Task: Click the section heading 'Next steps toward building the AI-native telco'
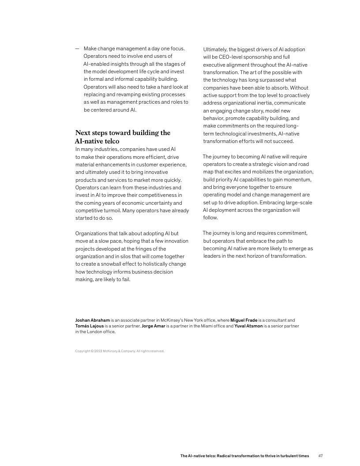coord(123,137)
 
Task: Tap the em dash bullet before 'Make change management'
coord(77,49)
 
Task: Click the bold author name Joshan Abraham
coord(92,320)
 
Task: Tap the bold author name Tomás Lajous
coord(90,326)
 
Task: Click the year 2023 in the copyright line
coord(98,351)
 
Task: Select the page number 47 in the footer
coord(321,456)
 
